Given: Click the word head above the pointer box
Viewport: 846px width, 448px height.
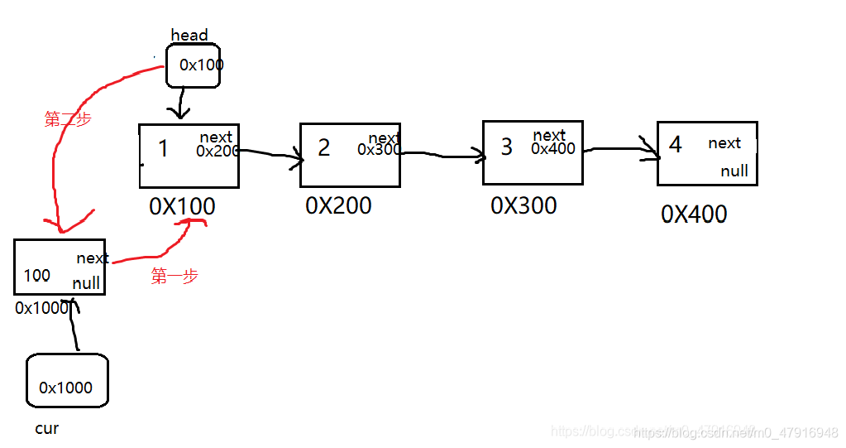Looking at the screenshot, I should click(189, 35).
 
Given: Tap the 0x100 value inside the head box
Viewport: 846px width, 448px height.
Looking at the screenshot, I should click(201, 65).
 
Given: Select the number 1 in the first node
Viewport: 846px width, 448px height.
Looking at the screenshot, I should click(163, 149).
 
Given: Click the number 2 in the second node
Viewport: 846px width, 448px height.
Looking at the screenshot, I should click(323, 147).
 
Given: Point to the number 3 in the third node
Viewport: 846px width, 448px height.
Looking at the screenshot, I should click(507, 147).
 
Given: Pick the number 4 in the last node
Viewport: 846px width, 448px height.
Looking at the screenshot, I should click(676, 144).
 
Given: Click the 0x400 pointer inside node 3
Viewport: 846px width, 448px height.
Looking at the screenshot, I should click(553, 149).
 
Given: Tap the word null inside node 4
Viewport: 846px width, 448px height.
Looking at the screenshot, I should click(734, 171).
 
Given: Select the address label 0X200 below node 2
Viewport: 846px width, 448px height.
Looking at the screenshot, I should click(338, 205).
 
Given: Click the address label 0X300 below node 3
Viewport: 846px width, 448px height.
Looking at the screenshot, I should click(523, 205).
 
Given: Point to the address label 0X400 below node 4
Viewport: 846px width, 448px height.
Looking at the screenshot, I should click(694, 214).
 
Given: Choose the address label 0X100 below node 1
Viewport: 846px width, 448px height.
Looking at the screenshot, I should click(182, 206).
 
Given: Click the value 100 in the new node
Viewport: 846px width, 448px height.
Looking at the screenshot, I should click(36, 275).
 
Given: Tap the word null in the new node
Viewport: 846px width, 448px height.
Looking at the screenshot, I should click(86, 283).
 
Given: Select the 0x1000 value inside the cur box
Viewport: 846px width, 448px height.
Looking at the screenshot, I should click(66, 388).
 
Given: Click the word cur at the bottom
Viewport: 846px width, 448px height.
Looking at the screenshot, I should click(47, 429).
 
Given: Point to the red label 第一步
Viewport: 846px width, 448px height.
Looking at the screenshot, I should click(174, 277).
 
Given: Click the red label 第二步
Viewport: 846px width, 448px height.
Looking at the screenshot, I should click(68, 119).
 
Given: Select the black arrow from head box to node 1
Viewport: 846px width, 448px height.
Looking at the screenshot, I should click(181, 104).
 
